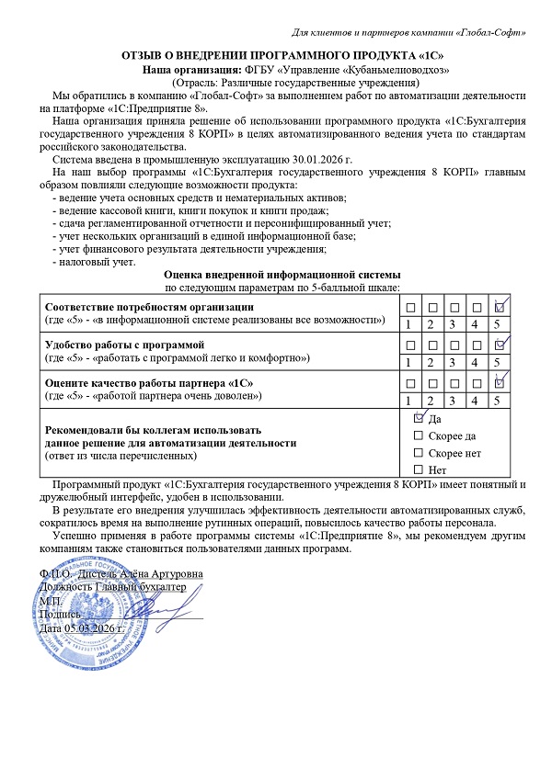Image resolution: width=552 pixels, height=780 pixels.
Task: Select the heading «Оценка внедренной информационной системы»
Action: click(x=282, y=275)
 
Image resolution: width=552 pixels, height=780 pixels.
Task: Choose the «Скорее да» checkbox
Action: click(x=420, y=435)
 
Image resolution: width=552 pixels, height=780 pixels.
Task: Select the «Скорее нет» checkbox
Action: click(x=420, y=453)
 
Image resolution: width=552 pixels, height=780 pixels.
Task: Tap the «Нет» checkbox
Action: click(x=420, y=469)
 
